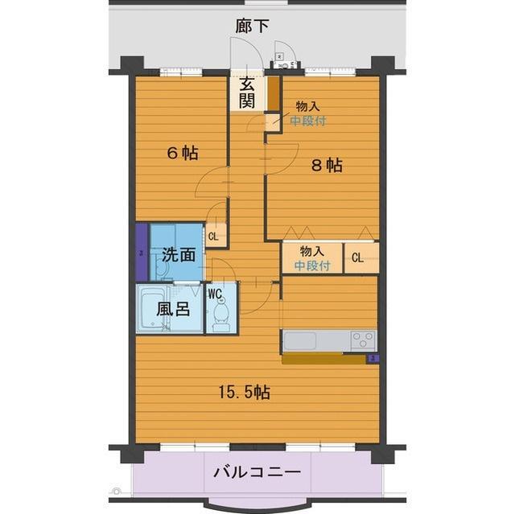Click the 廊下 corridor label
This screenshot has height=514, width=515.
252,27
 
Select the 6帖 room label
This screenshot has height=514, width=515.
182,153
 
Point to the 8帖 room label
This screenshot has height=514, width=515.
327,165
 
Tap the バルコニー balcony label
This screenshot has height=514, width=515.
257,471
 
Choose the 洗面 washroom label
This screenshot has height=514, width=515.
179,255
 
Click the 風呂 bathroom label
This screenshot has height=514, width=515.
173,309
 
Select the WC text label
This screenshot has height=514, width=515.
215,294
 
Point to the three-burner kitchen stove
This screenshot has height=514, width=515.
362,339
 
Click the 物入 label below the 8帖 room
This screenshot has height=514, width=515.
312,252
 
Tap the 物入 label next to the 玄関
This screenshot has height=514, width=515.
307,106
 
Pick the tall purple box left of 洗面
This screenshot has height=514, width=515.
142,252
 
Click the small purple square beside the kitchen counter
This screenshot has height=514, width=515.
373,358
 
